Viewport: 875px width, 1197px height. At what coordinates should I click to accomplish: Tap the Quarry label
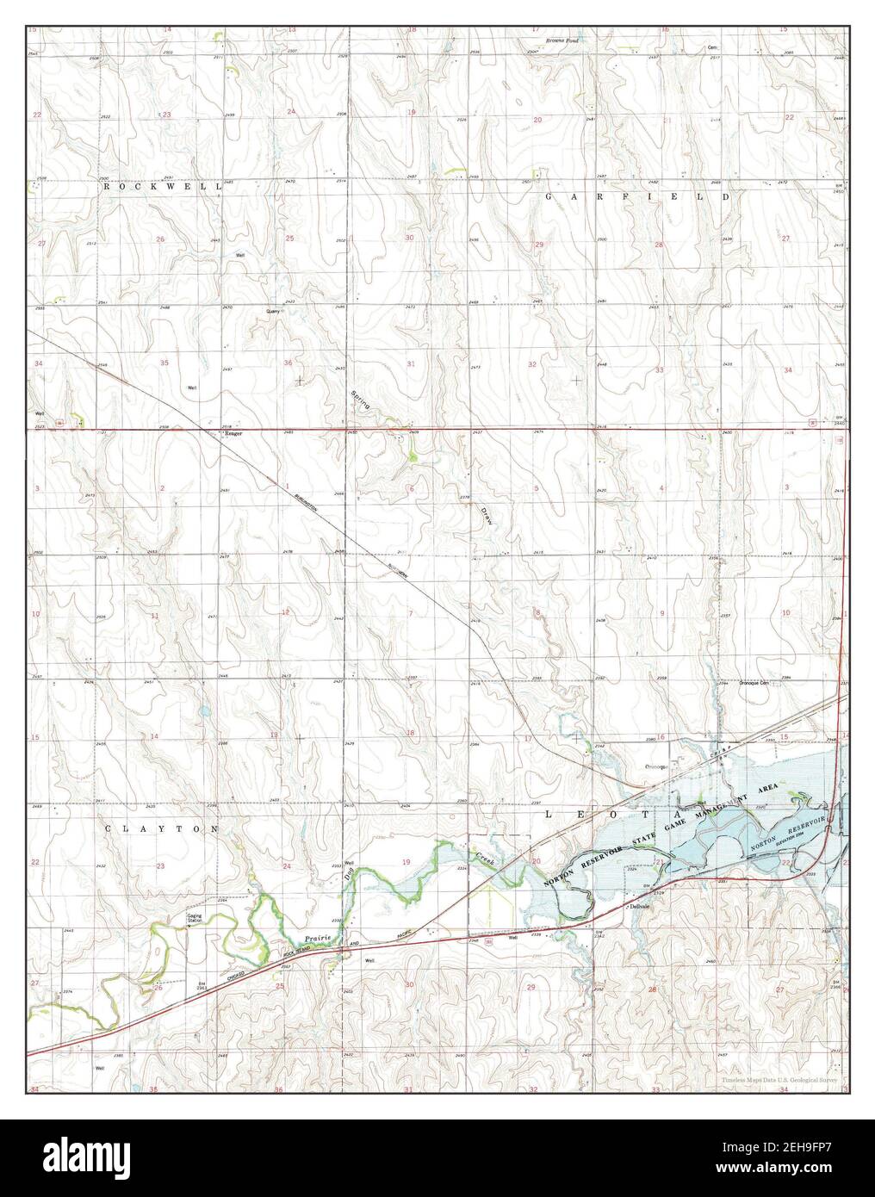tap(274, 312)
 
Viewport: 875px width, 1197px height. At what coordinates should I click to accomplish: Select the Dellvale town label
tap(637, 907)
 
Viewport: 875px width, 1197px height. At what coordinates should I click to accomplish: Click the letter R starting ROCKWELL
tap(107, 186)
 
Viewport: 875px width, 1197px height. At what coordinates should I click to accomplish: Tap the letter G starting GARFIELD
tap(549, 197)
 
